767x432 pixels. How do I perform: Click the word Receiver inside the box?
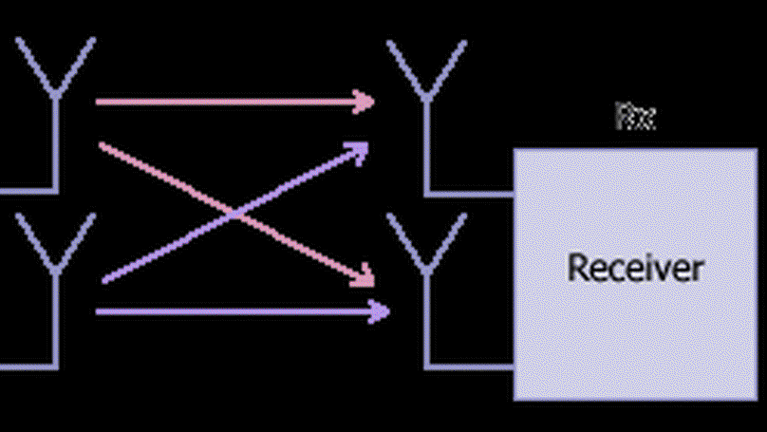[x=635, y=267]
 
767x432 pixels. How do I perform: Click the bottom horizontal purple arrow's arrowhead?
[x=382, y=310]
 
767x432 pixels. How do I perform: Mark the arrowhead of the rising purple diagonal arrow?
[x=360, y=149]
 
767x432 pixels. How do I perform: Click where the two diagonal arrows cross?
[x=234, y=215]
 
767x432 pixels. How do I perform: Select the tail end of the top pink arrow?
[x=99, y=101]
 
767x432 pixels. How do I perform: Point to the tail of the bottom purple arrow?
[x=99, y=310]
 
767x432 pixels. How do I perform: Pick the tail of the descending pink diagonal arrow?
[x=102, y=145]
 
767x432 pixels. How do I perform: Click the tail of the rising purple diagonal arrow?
[x=104, y=281]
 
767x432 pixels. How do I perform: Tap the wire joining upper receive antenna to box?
[x=471, y=193]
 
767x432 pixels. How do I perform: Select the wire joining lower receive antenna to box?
[x=471, y=366]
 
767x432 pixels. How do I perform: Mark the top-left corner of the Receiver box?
[x=515, y=150]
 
